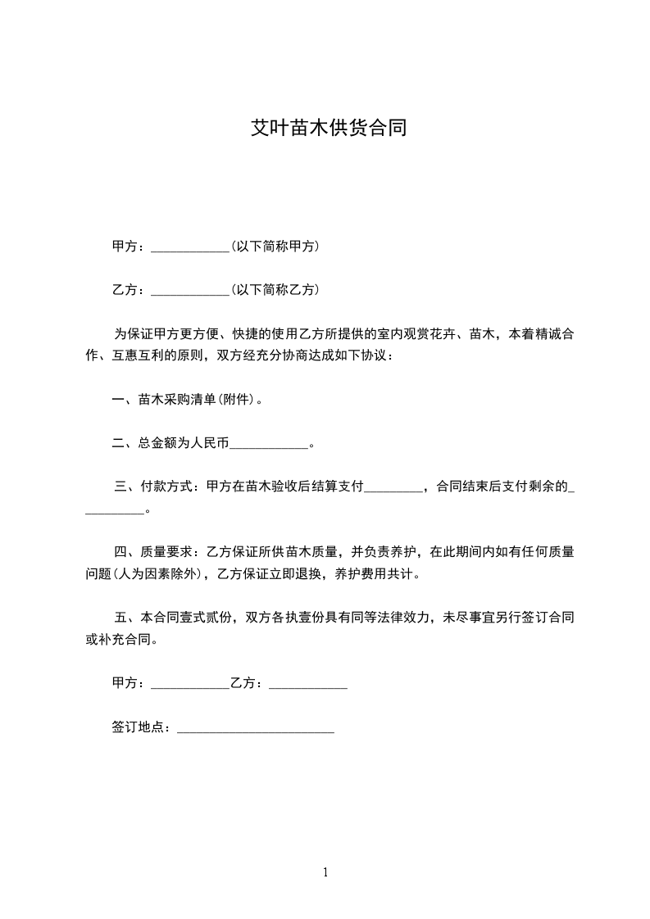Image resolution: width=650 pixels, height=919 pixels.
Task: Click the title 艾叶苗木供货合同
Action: tap(328, 129)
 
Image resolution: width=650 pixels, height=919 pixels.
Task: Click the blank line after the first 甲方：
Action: tap(190, 248)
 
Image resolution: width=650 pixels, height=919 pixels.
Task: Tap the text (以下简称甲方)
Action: tap(275, 247)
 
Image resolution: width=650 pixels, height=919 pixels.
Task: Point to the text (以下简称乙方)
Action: tap(275, 291)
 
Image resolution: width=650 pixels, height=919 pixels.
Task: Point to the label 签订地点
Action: tap(139, 727)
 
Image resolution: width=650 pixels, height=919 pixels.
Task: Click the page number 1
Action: tap(325, 873)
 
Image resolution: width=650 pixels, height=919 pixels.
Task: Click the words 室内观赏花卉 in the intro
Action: tap(415, 334)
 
